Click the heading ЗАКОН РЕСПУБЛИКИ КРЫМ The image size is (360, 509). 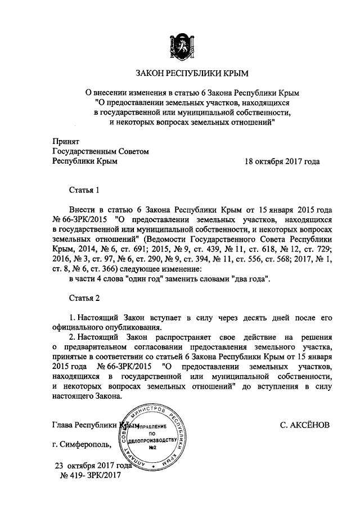pos(179,73)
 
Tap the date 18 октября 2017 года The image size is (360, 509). pos(282,161)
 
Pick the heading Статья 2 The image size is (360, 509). pos(84,296)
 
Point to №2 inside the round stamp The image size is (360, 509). pos(152,448)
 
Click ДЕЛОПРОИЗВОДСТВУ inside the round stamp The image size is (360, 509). pos(152,440)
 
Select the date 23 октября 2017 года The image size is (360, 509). pos(92,466)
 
